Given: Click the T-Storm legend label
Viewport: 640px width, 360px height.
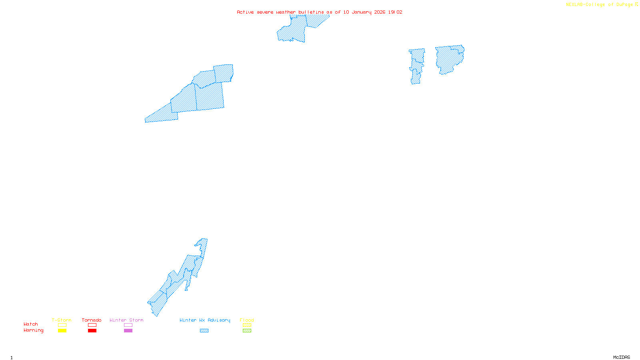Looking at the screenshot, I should coord(62,320).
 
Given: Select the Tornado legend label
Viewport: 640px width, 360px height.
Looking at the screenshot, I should coord(92,320).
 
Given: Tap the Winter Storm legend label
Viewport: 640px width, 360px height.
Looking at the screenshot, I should coord(126,320).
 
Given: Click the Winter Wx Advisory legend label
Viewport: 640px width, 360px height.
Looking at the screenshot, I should coord(205,320).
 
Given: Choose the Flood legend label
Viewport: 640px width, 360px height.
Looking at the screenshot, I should coord(247,320).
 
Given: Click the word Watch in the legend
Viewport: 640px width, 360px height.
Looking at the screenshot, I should coord(31,324).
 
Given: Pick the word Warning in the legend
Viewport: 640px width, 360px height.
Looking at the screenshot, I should coord(34,330).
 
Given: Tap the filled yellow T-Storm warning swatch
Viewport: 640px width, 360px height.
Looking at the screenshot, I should coord(62,331).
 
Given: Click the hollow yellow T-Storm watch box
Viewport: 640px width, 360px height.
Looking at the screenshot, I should coord(62,325).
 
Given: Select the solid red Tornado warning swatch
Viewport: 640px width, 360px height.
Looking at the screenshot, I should coord(92,331).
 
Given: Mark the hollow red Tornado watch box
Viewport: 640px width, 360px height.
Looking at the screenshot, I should coord(92,325).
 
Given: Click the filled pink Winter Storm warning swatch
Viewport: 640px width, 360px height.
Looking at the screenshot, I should coord(128,331).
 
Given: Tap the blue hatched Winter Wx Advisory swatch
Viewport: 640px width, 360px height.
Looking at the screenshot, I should coord(204,331).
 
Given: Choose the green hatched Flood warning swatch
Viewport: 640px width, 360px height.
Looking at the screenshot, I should coord(247,331).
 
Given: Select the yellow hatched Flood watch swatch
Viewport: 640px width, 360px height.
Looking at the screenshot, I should coord(247,325).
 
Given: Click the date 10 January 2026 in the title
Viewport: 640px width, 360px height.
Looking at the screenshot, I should coord(364,12).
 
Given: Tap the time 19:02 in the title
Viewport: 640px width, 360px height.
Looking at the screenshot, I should coord(395,12).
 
